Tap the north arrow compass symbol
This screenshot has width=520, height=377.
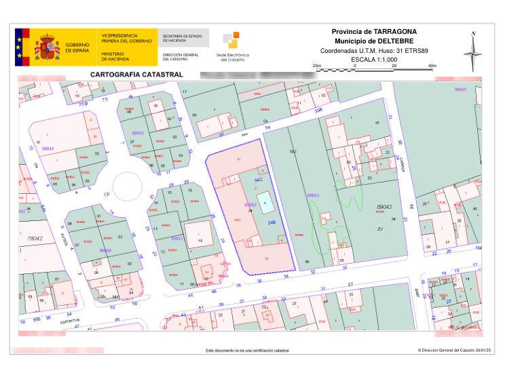473,51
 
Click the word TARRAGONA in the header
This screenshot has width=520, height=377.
394,32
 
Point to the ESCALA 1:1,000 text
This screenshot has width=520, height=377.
374,60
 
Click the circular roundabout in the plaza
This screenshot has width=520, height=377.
127,185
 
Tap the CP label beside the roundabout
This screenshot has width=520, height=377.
106,194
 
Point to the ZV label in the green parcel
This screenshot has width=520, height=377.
380,229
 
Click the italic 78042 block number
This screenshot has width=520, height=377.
35,239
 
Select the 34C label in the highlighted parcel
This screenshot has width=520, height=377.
258,180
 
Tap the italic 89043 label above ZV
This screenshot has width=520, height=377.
385,206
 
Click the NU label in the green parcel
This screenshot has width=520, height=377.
293,151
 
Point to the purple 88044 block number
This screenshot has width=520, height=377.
48,147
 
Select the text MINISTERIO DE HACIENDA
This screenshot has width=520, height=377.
112,56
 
